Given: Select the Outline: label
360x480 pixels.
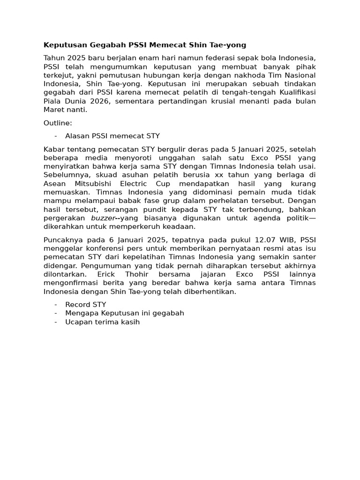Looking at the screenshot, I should click(x=58, y=123).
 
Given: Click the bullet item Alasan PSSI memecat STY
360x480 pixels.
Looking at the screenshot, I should click(x=112, y=136).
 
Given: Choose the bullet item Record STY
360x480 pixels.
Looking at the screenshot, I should click(x=86, y=305).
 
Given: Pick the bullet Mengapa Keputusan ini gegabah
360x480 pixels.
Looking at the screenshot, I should click(x=125, y=313).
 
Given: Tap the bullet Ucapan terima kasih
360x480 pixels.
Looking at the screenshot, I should click(x=103, y=322).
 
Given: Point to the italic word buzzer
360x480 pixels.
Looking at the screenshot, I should click(x=102, y=218).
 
